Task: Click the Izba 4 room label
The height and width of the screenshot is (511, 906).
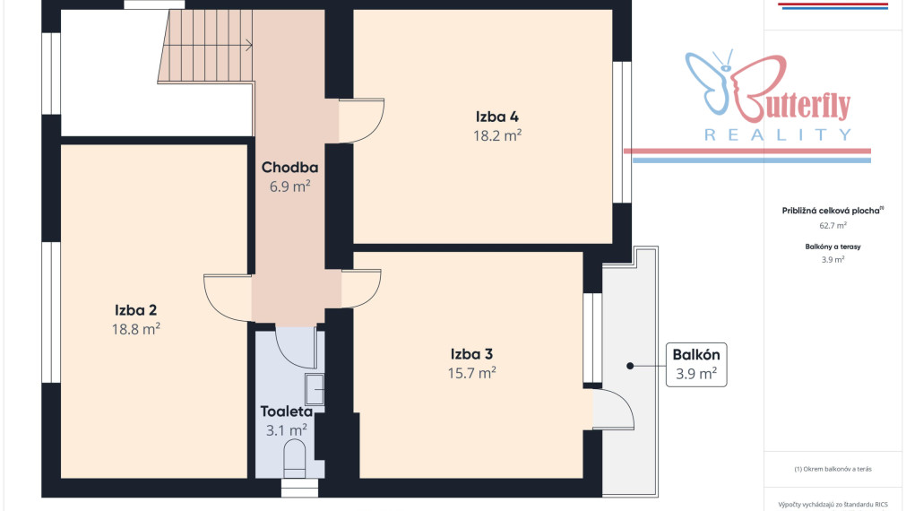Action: [x=497, y=117]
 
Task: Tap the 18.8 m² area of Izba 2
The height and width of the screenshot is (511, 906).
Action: [x=136, y=329]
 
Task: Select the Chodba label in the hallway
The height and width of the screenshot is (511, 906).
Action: [x=289, y=168]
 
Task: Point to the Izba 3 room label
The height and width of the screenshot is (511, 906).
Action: [x=471, y=354]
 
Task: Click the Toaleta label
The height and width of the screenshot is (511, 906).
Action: [x=287, y=411]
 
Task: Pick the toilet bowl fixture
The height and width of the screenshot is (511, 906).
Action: [x=295, y=459]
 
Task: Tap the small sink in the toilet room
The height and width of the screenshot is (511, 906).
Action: [x=315, y=389]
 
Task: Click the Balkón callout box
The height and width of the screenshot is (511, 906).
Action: [x=696, y=365]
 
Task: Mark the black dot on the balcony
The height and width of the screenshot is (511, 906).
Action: [x=630, y=366]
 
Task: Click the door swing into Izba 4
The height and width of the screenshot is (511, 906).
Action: [x=361, y=121]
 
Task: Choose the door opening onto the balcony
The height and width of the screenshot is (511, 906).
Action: [x=613, y=410]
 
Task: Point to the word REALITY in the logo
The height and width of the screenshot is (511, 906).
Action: [x=778, y=135]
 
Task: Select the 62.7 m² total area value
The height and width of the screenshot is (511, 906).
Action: [x=833, y=225]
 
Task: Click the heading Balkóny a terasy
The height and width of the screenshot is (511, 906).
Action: [x=833, y=247]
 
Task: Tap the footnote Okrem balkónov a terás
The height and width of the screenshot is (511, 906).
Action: [x=833, y=469]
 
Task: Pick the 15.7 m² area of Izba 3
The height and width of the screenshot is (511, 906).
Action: [x=471, y=373]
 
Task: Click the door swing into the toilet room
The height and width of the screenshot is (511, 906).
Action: [x=296, y=348]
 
